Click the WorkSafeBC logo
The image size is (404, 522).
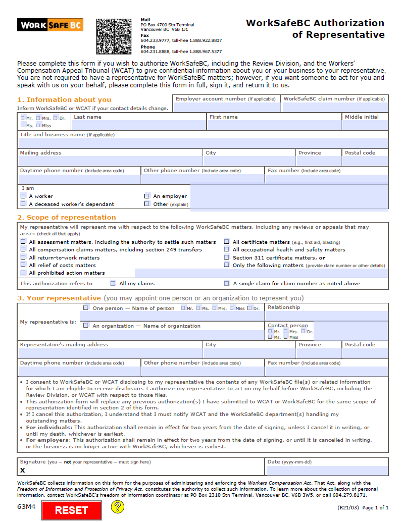(50, 25)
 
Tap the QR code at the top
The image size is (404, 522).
(116, 36)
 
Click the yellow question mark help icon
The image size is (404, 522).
(118, 506)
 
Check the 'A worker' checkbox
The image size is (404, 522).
(23, 196)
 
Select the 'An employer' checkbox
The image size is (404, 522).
(147, 196)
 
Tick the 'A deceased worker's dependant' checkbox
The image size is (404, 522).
(23, 204)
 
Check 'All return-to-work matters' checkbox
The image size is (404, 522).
(23, 257)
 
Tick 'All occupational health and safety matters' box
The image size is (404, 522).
(227, 249)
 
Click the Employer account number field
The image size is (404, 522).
(227, 107)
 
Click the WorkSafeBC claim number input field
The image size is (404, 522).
(335, 107)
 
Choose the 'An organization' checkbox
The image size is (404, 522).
(86, 326)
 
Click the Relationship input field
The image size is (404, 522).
(326, 316)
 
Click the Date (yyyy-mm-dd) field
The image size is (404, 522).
(327, 471)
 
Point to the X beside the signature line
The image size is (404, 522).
(22, 471)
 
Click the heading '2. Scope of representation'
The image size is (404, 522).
(66, 218)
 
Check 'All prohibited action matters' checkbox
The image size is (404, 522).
(23, 273)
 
